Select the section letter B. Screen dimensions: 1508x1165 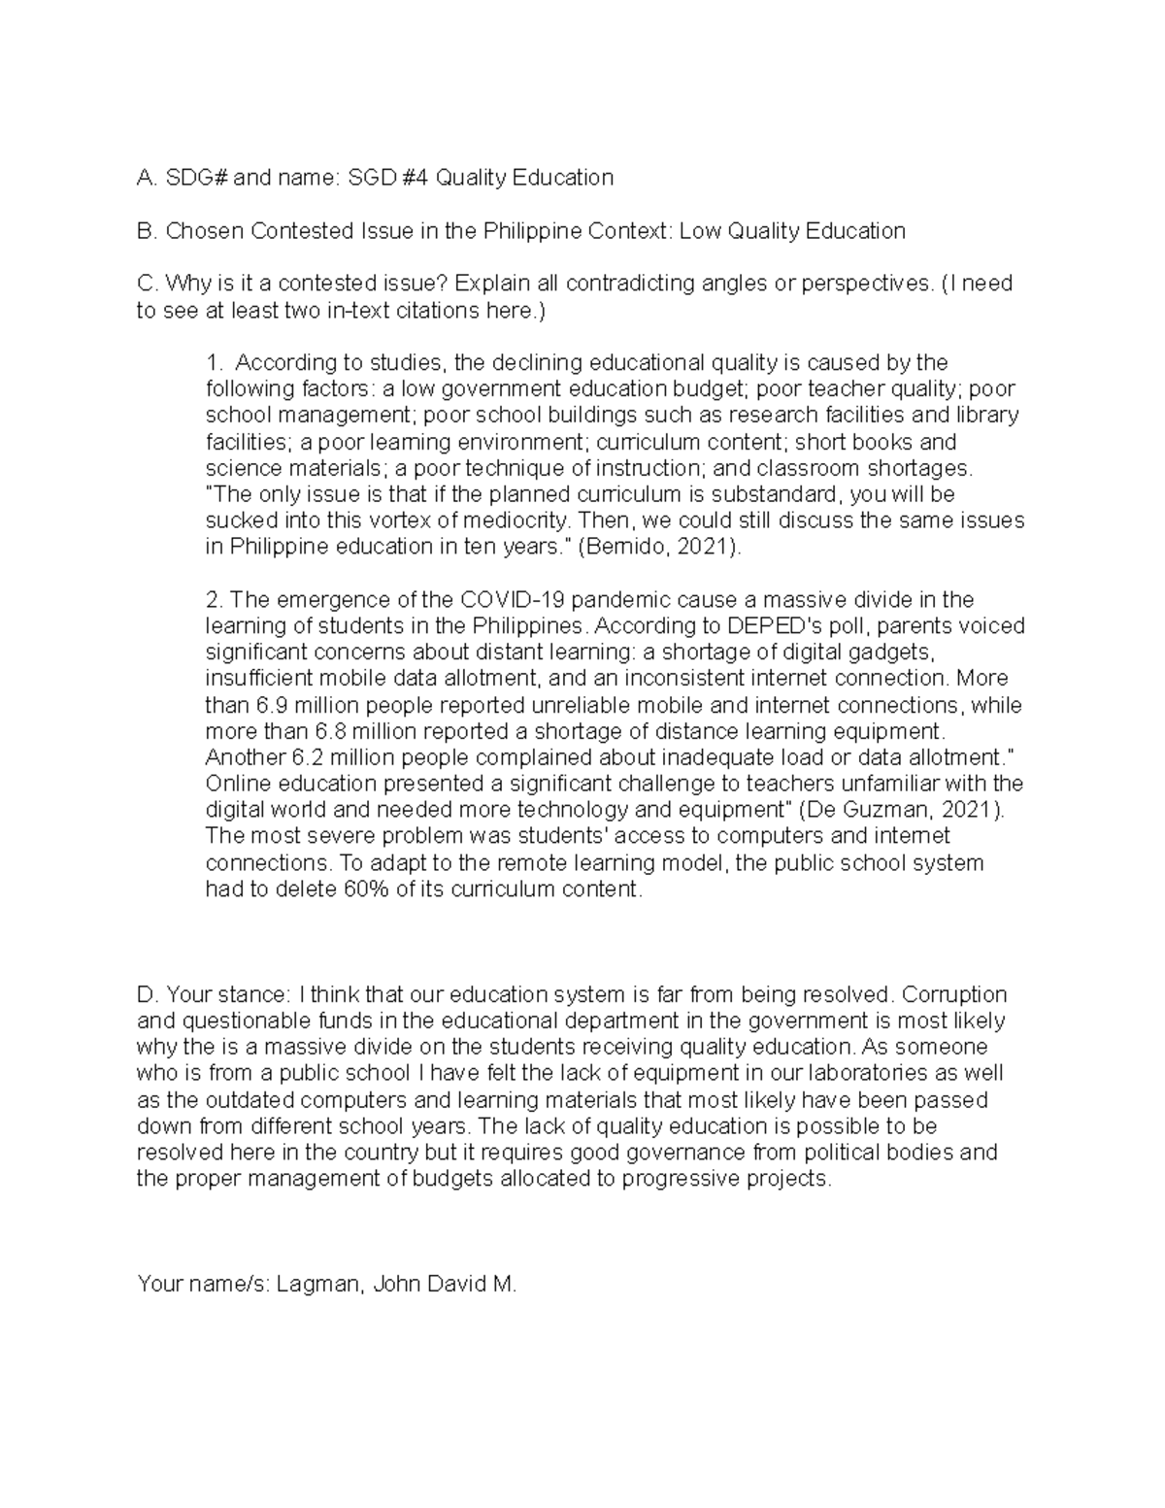click(x=146, y=231)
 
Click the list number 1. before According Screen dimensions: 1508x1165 click(x=215, y=363)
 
